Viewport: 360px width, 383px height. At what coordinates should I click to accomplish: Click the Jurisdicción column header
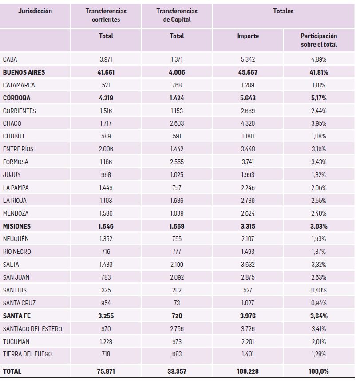[x=35, y=11]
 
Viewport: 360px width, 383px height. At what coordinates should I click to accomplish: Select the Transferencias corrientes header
[x=106, y=15]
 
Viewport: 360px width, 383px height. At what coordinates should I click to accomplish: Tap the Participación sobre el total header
[x=319, y=40]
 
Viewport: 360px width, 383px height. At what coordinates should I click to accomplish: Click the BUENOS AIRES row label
[x=24, y=72]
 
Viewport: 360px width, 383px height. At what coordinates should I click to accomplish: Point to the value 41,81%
[x=319, y=72]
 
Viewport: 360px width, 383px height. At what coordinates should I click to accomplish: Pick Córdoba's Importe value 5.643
[x=248, y=98]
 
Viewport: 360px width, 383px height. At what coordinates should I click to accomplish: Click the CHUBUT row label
[x=14, y=136]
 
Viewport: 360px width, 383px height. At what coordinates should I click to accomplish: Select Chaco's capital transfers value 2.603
[x=177, y=123]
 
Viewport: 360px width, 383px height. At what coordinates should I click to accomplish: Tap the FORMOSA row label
[x=16, y=162]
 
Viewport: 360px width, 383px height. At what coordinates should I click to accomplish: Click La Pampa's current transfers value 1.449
[x=106, y=188]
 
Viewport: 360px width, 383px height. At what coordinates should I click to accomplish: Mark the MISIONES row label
[x=17, y=226]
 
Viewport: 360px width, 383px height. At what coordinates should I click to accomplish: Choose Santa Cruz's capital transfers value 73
[x=177, y=303]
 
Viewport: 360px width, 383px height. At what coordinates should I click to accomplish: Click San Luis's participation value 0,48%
[x=319, y=290]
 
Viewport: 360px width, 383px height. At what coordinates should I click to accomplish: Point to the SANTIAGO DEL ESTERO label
[x=32, y=329]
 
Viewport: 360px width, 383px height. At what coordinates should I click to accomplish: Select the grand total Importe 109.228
[x=248, y=371]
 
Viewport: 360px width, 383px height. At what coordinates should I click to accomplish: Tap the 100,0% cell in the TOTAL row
[x=319, y=371]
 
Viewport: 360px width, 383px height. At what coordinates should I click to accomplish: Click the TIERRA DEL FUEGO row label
[x=27, y=354]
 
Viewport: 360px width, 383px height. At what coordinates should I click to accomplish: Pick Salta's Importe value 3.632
[x=248, y=265]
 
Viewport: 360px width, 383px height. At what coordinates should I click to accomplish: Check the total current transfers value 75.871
[x=106, y=371]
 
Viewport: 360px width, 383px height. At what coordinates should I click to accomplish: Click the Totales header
[x=283, y=11]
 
